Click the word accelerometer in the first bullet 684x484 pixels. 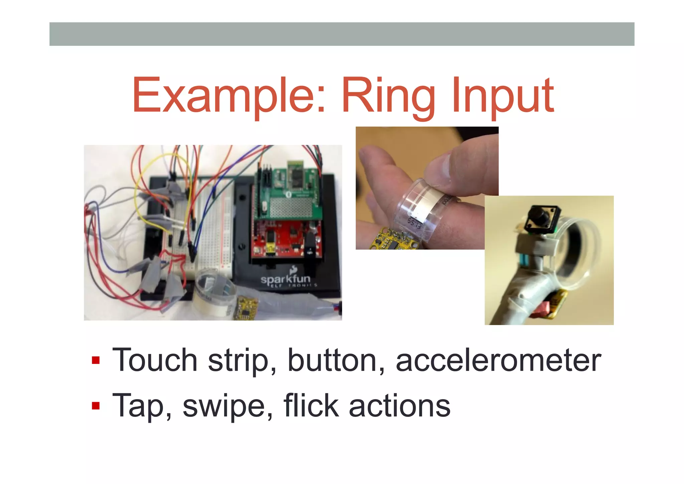click(x=498, y=360)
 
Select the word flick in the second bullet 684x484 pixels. click(x=311, y=406)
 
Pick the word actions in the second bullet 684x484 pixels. click(x=399, y=406)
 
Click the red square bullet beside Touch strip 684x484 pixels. click(x=96, y=361)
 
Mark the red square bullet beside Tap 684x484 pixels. click(x=96, y=406)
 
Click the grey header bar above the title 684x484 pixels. click(x=342, y=34)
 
